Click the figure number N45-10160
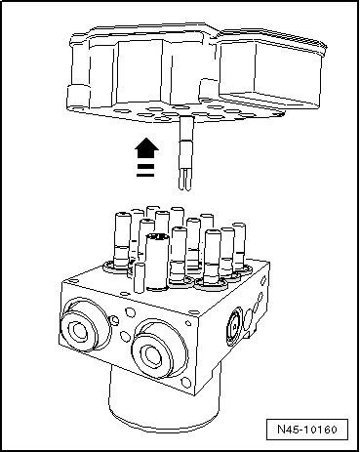pyautogui.click(x=307, y=430)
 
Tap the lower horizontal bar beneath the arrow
pyautogui.click(x=145, y=175)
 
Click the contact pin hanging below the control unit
pyautogui.click(x=185, y=153)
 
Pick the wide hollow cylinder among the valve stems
pyautogui.click(x=158, y=262)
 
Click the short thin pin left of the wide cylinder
pyautogui.click(x=140, y=277)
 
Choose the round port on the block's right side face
pyautogui.click(x=235, y=326)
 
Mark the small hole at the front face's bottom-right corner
pyautogui.click(x=185, y=383)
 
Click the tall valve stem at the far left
pyautogui.click(x=122, y=240)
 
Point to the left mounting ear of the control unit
pyautogui.click(x=78, y=98)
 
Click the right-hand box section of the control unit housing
pyautogui.click(x=271, y=73)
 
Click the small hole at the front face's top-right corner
pyautogui.click(x=188, y=323)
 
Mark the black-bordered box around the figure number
pyautogui.click(x=307, y=430)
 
